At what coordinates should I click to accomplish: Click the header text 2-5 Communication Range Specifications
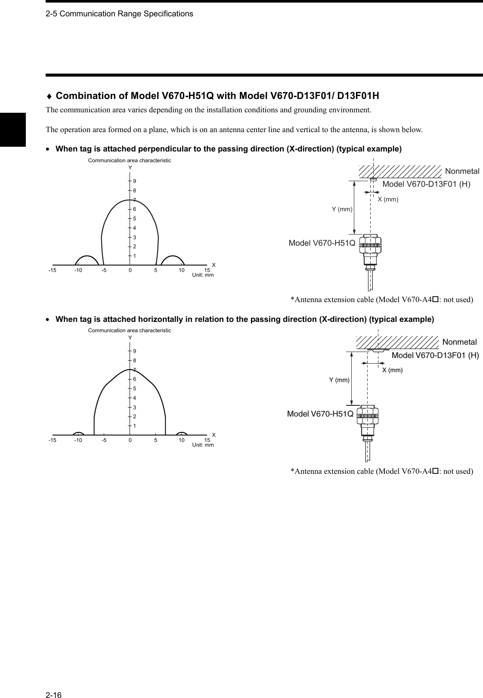tap(119, 14)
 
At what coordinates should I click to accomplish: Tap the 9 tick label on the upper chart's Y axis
tap(134, 181)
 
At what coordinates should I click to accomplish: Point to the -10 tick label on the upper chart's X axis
tap(78, 271)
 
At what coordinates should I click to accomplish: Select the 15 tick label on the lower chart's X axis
tap(207, 441)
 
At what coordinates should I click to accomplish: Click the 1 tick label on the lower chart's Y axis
tap(134, 426)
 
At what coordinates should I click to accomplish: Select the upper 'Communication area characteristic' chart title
tap(129, 161)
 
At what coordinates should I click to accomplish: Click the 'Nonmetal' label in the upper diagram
tap(462, 171)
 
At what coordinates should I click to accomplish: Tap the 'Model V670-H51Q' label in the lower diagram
tap(320, 414)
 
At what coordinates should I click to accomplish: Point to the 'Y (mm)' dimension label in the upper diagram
tap(342, 209)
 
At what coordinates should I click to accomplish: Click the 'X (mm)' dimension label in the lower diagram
tap(392, 370)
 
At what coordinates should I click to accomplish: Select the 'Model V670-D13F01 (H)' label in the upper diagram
tap(426, 185)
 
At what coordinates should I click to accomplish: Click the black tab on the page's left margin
tap(13, 130)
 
